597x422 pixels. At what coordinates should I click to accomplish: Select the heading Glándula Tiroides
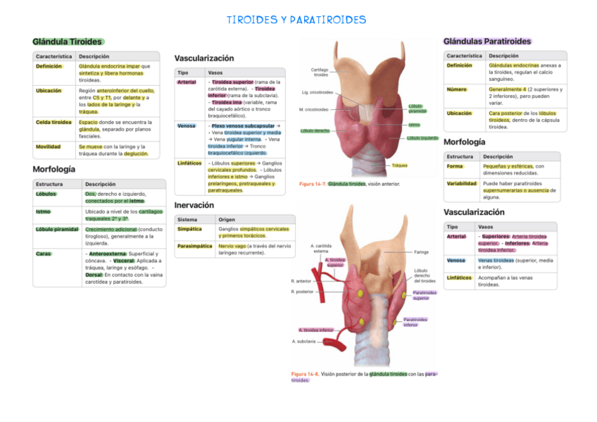67,42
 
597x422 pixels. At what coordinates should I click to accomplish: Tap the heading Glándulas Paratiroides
487,42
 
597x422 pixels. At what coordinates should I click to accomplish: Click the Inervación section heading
194,205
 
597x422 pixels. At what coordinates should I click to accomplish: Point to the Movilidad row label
49,147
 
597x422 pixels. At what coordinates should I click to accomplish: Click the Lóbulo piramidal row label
57,229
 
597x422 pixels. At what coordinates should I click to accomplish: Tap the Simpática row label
189,229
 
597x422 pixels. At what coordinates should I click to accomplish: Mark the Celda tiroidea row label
54,122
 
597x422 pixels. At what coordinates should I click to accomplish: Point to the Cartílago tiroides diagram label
320,73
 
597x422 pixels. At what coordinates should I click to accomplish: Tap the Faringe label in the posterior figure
421,252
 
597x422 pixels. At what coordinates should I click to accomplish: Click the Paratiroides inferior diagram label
415,322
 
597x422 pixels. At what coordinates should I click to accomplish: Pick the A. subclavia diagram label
303,341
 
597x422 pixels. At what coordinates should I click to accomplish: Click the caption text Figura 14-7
312,184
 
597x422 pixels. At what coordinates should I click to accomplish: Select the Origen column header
227,219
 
